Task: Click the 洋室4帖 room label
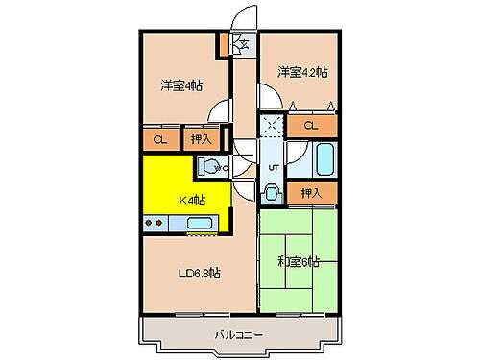coord(180,84)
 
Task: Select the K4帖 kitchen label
coord(191,200)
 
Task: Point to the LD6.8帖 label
coord(200,273)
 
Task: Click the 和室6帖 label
coord(298,261)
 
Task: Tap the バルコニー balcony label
coord(239,334)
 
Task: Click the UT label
coord(273,167)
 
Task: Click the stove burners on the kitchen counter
coord(154,224)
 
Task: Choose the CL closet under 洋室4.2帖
coord(311,126)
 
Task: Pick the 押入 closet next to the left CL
coord(198,140)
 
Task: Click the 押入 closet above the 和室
coord(311,193)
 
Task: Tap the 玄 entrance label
coord(242,42)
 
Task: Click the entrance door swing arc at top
coord(245,17)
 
